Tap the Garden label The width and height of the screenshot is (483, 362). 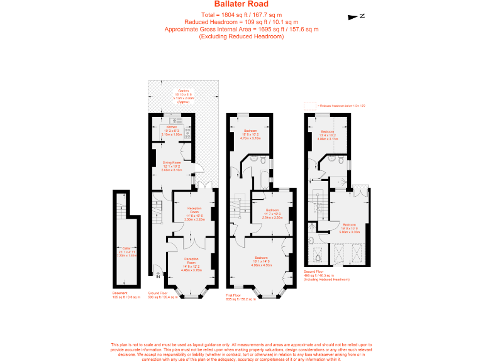(x=184, y=91)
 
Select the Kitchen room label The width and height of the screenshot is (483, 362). (x=171, y=127)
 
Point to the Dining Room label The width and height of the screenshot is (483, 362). (x=171, y=163)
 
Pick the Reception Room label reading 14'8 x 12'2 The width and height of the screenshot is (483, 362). (x=191, y=259)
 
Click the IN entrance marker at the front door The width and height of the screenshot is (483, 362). (x=157, y=274)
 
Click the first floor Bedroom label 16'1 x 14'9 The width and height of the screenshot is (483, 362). (x=260, y=258)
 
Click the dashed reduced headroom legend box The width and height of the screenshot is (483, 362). (x=309, y=105)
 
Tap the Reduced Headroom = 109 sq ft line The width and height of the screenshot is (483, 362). (x=241, y=22)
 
